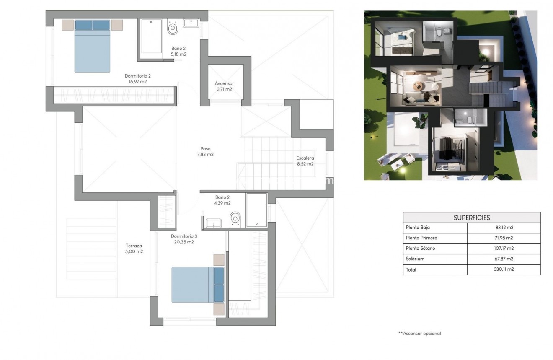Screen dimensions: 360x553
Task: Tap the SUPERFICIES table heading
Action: point(472,218)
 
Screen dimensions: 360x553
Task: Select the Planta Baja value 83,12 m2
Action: point(504,228)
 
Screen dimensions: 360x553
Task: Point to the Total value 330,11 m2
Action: point(504,270)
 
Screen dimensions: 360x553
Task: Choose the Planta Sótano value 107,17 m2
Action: point(504,249)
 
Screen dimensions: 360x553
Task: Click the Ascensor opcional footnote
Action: point(419,334)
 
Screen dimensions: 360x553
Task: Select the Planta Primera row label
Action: point(421,238)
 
